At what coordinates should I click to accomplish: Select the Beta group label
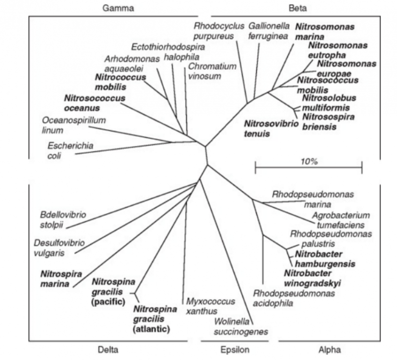coord(298,8)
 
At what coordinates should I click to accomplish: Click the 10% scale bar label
coord(308,161)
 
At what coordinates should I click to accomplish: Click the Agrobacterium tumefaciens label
coord(341,220)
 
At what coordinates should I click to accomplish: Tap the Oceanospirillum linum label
coord(73,125)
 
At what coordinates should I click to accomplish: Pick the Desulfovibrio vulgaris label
coord(59,248)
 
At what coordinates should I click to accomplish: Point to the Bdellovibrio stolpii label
coord(63,219)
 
